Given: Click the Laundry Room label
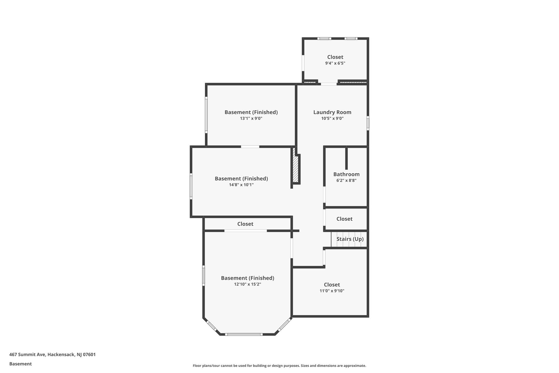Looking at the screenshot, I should coord(332,112).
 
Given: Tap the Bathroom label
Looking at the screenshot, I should coord(346,174).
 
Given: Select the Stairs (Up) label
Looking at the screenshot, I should coord(350,239).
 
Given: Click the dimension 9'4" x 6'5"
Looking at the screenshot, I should coord(335,63).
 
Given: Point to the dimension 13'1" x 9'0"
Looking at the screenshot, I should coord(251,119).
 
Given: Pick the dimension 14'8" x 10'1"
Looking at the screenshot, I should coord(241,185).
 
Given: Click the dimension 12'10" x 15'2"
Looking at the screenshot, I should coord(248,284).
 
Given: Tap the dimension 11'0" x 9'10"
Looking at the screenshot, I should coord(332,291).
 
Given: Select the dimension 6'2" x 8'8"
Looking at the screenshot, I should coord(346,181).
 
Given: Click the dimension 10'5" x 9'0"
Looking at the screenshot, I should coord(332,119).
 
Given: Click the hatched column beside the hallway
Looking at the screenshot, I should coord(296,169).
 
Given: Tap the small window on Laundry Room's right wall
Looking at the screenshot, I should coord(368,123).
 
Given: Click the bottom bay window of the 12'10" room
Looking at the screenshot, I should coord(244,334).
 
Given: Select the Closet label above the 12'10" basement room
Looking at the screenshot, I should coord(245,224).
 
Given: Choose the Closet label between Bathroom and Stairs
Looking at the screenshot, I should coord(344,219).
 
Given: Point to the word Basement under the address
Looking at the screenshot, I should coord(20,364).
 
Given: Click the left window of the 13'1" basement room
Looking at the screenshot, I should coord(206,115).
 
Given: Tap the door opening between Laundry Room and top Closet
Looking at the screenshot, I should coord(329,84).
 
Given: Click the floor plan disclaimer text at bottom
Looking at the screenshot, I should coord(279,366).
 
